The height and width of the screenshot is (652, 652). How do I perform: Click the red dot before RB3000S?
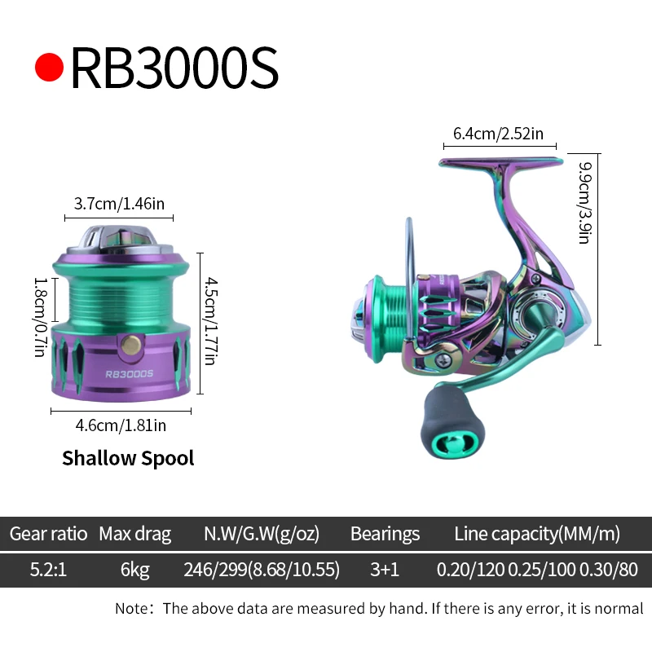coord(49,68)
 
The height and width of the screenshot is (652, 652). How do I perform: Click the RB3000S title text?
coord(174,68)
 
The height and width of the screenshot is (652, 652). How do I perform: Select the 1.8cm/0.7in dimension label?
coord(39,315)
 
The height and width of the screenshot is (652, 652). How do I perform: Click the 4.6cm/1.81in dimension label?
coord(121,425)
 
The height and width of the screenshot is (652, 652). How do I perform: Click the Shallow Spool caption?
coord(128,458)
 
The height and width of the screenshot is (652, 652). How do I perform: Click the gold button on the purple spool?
coord(126,346)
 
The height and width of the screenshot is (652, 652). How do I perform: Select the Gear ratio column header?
coord(48,535)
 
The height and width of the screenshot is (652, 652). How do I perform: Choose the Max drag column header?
coord(135,535)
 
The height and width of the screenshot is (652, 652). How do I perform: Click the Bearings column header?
coord(385,535)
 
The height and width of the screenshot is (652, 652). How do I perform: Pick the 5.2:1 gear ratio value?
coord(48,570)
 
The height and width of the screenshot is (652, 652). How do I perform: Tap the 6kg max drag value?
coord(135,570)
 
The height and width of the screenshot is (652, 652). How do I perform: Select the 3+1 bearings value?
coord(385,570)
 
